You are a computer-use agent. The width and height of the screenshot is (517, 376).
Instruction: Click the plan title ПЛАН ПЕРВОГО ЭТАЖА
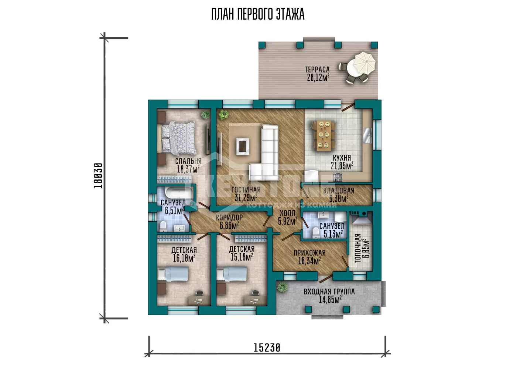258,14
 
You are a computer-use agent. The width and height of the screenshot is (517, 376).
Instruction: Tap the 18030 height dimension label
98,176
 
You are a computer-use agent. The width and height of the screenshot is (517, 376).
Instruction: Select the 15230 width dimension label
267,348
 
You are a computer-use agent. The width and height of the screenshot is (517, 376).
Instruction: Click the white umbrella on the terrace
364,62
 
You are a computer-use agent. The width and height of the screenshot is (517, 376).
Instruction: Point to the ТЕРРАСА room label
317,69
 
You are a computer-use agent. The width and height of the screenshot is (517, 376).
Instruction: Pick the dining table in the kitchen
323,135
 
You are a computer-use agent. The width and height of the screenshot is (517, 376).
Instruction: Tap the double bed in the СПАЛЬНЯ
177,138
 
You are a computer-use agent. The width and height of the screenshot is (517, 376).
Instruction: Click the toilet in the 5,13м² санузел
315,233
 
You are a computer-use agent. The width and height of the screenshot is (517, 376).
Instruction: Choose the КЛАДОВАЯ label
339,191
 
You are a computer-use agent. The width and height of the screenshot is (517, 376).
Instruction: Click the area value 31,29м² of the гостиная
246,198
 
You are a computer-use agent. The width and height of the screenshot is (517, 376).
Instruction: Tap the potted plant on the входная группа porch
282,288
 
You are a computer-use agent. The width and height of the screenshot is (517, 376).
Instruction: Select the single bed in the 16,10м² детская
173,274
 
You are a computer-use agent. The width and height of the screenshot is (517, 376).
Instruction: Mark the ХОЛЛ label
287,213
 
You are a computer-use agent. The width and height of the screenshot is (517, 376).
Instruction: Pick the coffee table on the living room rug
243,147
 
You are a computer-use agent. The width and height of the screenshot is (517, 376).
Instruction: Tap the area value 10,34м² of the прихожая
309,261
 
